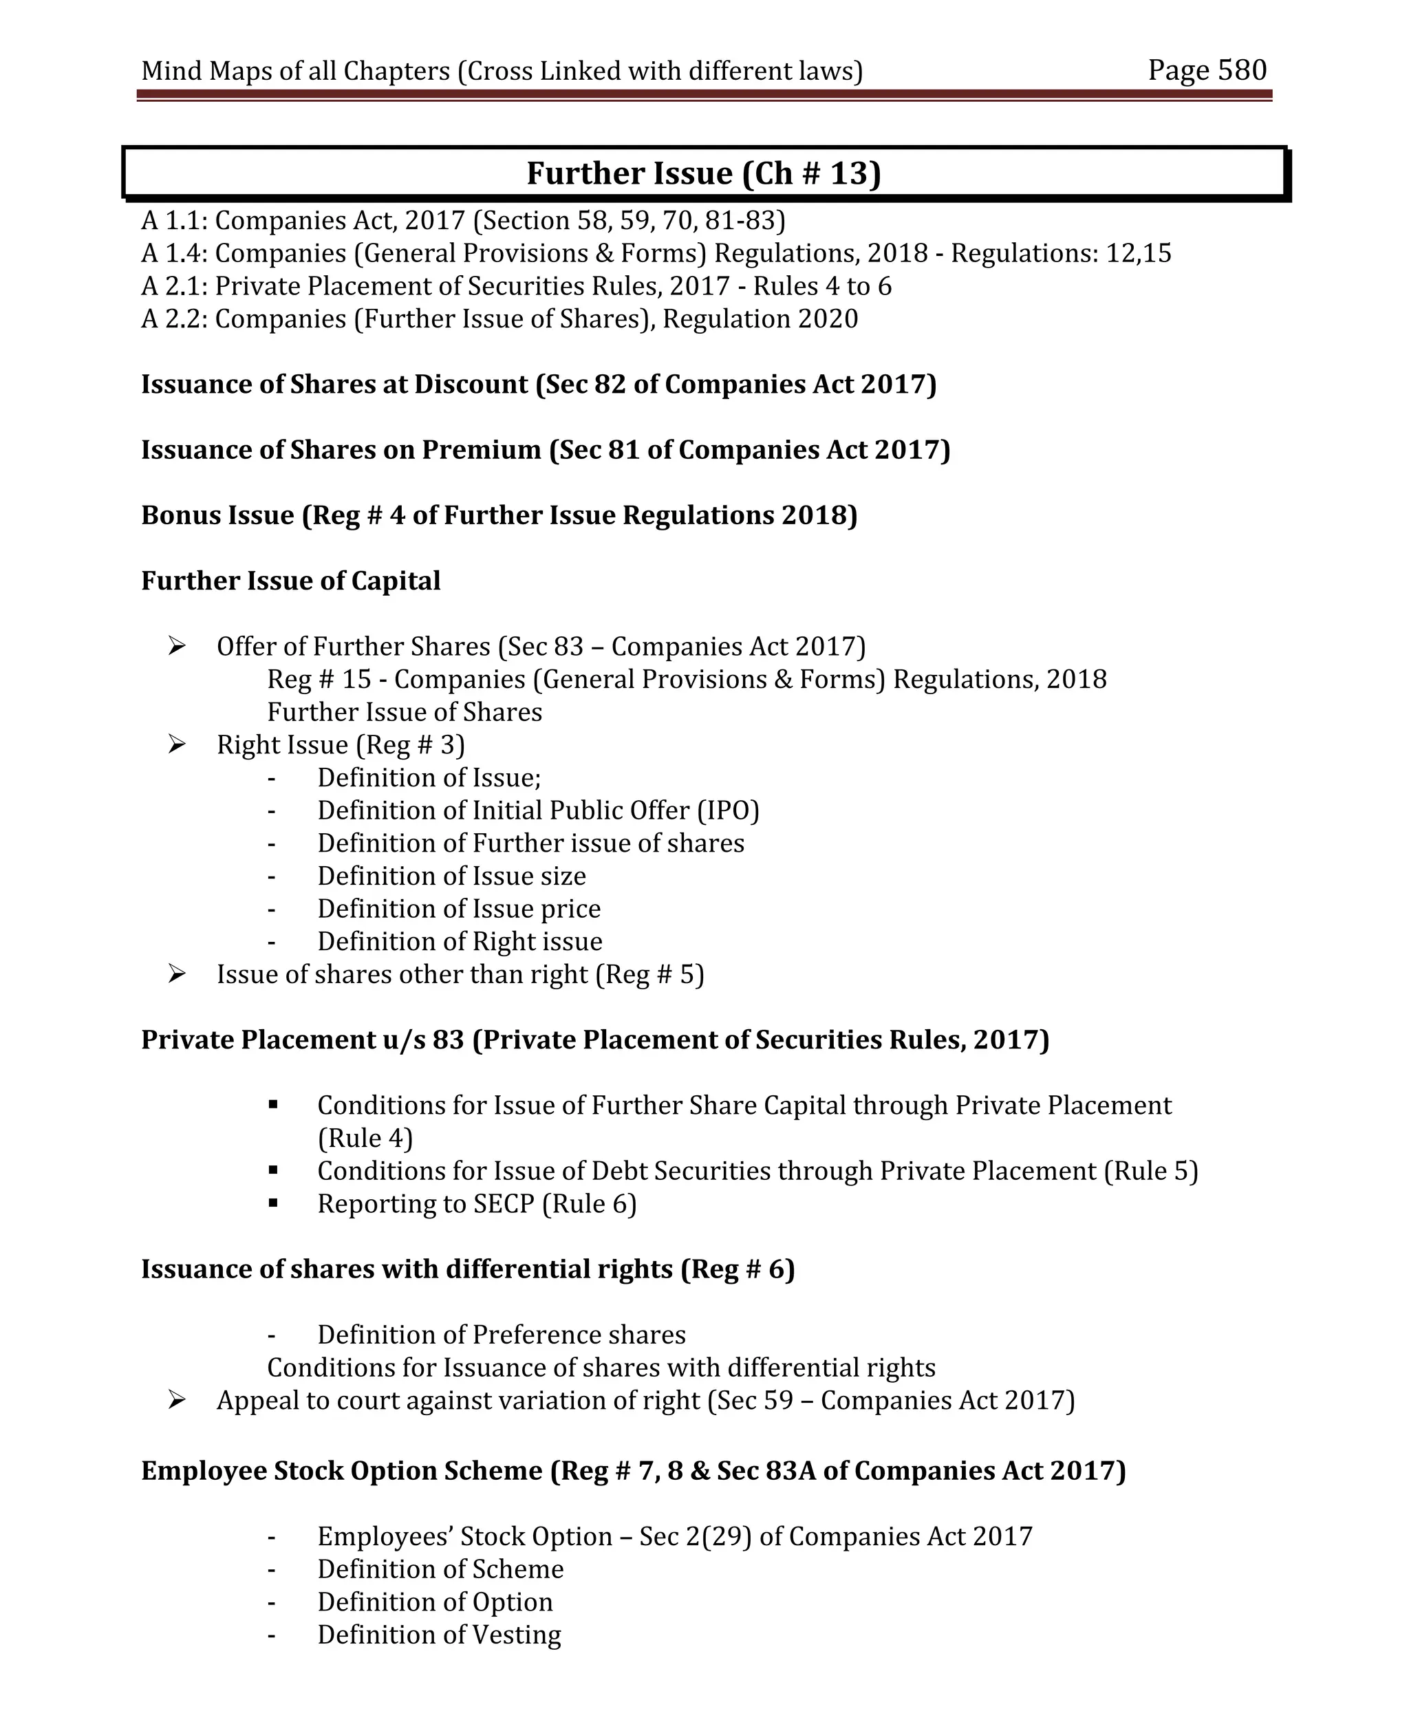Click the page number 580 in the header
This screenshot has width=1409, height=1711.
click(1241, 71)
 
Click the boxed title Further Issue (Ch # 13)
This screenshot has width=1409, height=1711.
click(703, 173)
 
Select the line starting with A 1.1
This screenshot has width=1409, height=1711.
click(462, 221)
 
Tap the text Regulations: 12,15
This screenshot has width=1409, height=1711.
click(1061, 253)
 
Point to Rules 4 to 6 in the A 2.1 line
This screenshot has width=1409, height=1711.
click(821, 286)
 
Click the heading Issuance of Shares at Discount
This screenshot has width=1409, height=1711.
click(538, 384)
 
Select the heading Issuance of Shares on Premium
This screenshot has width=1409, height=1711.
click(545, 450)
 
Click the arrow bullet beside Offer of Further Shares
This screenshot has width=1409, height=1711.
click(177, 646)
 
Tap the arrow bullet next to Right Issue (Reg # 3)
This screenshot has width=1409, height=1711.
click(177, 744)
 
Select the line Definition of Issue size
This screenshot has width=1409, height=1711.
click(451, 876)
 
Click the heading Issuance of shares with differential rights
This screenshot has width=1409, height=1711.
click(468, 1269)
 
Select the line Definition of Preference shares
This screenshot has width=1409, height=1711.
click(501, 1335)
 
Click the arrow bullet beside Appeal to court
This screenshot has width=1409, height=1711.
click(177, 1400)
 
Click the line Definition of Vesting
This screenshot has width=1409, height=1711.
click(438, 1635)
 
